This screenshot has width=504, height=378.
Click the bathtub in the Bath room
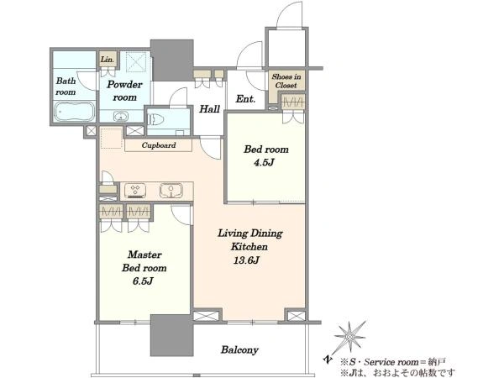(75, 112)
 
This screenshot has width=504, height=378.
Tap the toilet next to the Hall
(155, 119)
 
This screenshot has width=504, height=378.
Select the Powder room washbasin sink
(120, 116)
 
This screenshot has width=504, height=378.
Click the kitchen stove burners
(135, 191)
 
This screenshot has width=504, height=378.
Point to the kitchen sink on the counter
(171, 191)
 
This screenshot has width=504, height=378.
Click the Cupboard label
(159, 145)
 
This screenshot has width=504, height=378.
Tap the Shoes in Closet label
(286, 81)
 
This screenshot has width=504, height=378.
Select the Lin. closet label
(107, 60)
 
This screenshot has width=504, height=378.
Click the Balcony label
(239, 349)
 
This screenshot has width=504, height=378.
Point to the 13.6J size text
(246, 260)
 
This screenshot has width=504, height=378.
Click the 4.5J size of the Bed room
(264, 162)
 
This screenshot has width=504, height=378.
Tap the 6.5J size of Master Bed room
(143, 281)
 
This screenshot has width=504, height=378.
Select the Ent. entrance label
(245, 98)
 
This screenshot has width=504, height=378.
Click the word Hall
(209, 109)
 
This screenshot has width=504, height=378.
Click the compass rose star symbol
(349, 337)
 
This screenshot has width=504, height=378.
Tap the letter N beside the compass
(328, 359)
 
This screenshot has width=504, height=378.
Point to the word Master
(144, 255)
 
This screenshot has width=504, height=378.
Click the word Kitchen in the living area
(249, 246)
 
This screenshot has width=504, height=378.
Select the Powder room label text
(124, 91)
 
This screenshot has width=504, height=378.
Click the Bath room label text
(66, 87)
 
